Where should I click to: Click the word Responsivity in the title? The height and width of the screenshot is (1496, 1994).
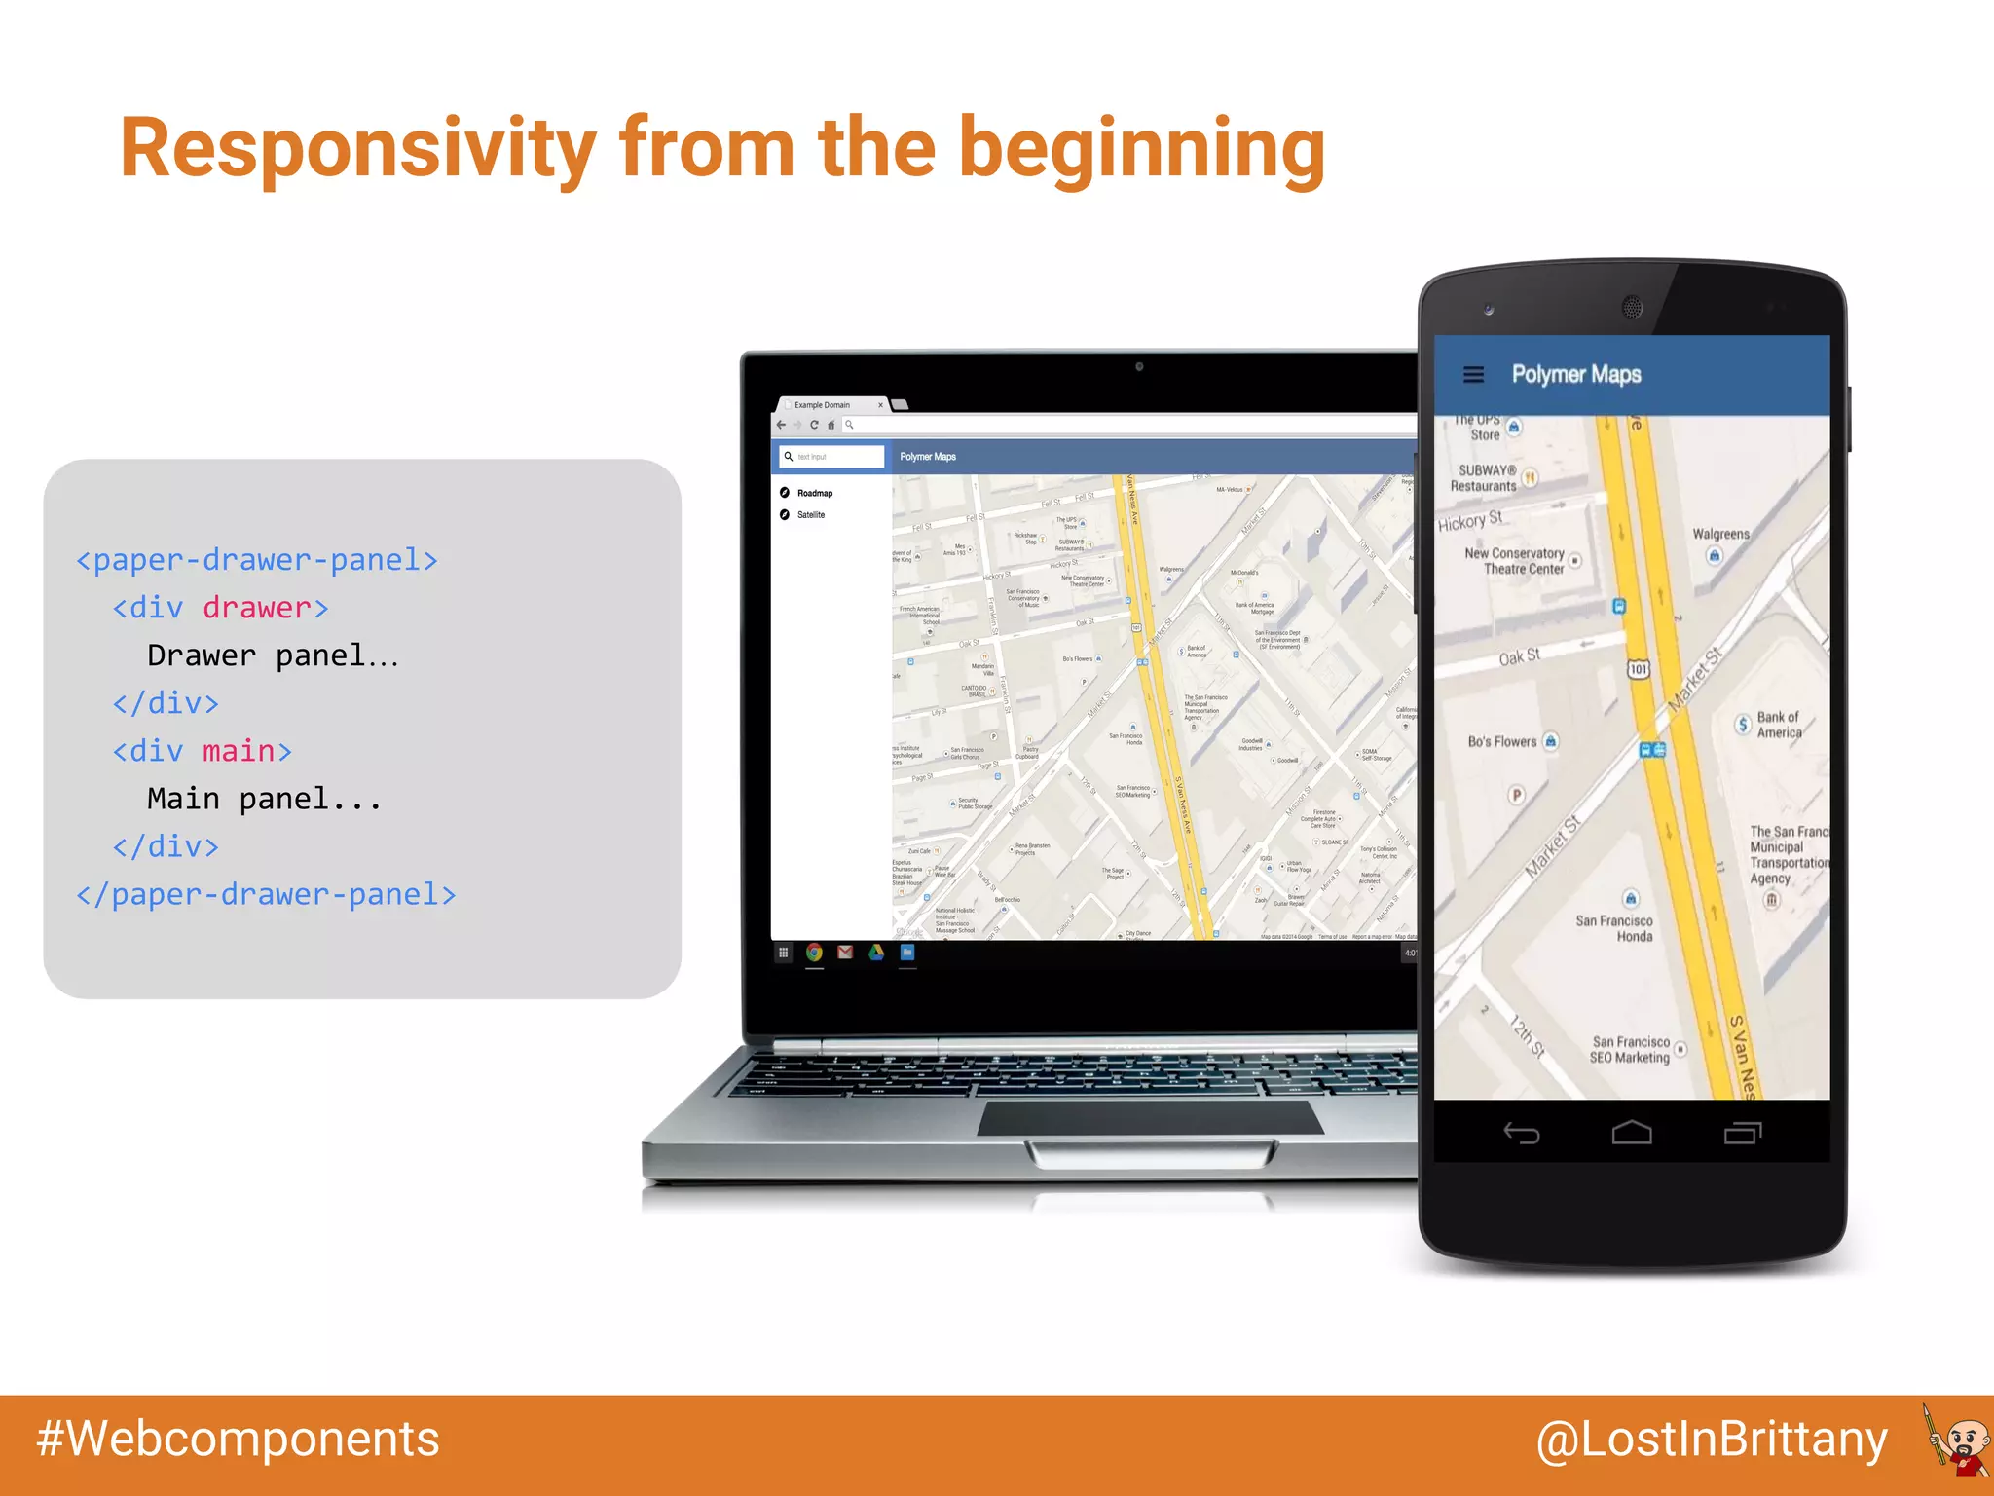357,149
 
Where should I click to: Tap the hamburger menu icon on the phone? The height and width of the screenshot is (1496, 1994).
1473,375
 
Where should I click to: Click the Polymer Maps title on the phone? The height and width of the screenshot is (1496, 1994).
1575,375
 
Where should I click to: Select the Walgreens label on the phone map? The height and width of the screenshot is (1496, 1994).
1720,534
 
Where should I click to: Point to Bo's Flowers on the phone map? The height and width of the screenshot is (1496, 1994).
1502,742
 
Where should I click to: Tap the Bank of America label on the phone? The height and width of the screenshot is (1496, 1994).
1779,725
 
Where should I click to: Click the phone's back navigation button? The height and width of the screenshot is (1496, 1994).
1521,1133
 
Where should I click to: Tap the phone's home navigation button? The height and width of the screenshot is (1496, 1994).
1632,1133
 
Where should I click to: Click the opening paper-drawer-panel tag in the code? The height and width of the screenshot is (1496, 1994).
257,560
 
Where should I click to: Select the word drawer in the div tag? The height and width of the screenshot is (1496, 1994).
257,608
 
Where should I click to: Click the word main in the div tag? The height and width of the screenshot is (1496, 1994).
239,751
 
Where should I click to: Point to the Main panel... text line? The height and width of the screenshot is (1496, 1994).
264,799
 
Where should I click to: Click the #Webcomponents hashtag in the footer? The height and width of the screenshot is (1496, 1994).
239,1439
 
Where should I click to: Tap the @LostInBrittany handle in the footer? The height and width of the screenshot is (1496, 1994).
1712,1440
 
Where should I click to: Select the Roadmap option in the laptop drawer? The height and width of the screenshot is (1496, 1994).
814,494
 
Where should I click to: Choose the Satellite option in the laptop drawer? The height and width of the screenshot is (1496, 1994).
810,515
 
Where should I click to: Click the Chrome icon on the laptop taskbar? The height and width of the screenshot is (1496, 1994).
814,953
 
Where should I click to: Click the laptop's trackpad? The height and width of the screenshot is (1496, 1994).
1149,1119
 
